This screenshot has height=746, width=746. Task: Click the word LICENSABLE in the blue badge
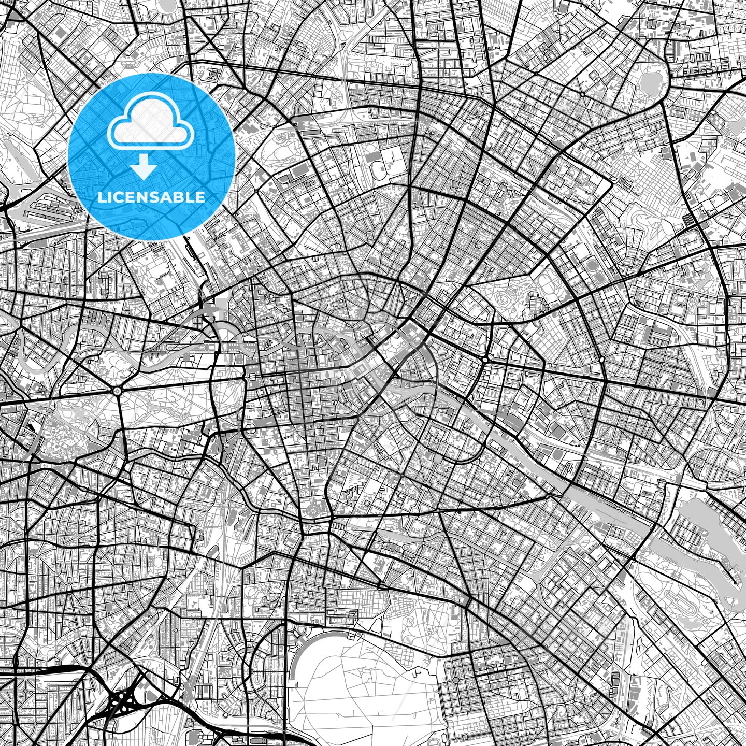pos(151,197)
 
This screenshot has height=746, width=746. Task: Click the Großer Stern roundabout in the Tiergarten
pos(118,391)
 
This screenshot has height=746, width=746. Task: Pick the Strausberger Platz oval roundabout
pos(485,359)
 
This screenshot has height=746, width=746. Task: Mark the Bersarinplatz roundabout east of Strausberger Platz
pos(602,359)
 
